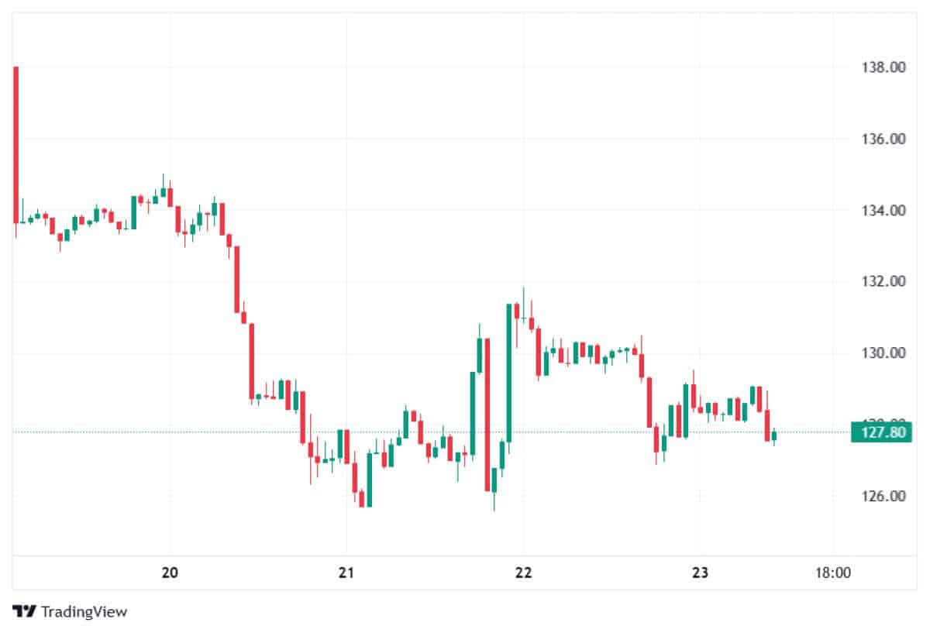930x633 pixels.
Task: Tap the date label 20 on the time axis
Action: (x=170, y=573)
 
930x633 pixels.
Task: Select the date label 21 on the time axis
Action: (x=346, y=573)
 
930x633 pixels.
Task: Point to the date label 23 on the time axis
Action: (x=700, y=573)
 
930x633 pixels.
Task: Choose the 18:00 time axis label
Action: (x=833, y=573)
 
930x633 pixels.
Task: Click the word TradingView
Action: (x=84, y=611)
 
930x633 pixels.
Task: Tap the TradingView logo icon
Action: (x=25, y=611)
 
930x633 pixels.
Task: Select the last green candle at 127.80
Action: (x=773, y=437)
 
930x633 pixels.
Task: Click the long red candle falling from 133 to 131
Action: (x=237, y=279)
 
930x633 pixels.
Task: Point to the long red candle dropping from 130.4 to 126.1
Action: (x=487, y=414)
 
